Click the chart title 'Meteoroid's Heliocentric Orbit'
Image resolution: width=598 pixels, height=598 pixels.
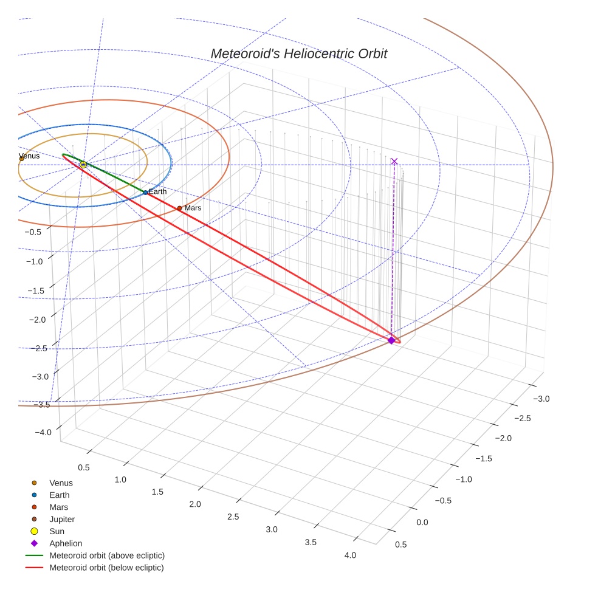298,54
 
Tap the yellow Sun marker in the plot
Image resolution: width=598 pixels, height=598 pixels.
83,165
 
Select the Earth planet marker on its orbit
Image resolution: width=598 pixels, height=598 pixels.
145,193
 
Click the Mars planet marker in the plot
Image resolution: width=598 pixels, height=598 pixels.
179,208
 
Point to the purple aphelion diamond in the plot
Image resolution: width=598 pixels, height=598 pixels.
391,340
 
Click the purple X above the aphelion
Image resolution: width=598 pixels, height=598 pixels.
394,161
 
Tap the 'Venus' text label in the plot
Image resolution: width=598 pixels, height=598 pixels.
29,156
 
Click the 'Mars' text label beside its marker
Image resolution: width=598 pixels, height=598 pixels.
193,208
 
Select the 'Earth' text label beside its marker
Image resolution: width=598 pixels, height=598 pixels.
157,192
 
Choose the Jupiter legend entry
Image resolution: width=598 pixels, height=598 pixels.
62,520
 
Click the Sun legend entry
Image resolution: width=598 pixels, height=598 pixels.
57,532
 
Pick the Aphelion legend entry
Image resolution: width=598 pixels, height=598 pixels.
66,544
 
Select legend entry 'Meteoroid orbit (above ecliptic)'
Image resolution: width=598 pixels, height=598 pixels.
106,555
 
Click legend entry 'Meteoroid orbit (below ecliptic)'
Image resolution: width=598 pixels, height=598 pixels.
106,568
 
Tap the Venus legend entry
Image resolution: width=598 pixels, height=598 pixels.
61,483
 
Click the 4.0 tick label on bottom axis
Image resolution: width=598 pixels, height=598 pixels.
350,555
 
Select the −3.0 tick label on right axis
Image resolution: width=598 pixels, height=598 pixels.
541,399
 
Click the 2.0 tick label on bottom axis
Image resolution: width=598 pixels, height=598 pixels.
195,504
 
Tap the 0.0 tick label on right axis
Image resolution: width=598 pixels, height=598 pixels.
422,523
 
